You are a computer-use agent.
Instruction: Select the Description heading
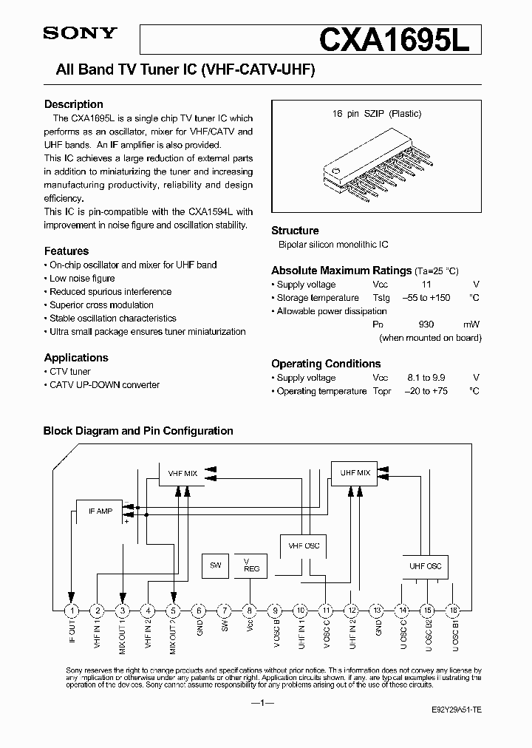[x=74, y=104]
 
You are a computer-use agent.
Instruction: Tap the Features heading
[x=66, y=251]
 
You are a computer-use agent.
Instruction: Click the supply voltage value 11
[x=426, y=285]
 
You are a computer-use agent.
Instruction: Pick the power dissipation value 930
[x=426, y=324]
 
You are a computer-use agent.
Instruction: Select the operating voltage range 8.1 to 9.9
[x=426, y=378]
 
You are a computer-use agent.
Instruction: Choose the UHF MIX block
[x=355, y=473]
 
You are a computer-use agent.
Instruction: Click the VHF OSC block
[x=303, y=545]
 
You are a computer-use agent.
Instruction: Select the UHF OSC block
[x=425, y=565]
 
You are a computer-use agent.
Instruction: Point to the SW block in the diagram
[x=216, y=565]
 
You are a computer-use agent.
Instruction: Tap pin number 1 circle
[x=72, y=611]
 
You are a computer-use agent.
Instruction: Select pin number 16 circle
[x=454, y=611]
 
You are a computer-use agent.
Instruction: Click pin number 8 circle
[x=250, y=611]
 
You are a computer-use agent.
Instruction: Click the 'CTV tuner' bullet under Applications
[x=70, y=371]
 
